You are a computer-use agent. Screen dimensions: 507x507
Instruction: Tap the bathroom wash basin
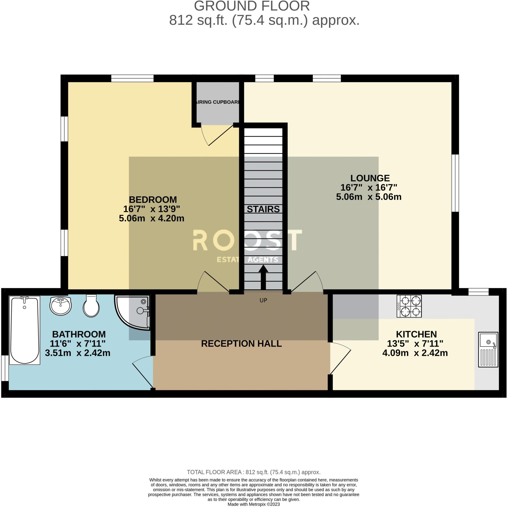tap(60, 306)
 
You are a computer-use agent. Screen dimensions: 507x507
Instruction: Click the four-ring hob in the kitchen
tap(409, 306)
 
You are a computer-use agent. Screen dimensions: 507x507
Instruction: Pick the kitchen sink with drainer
tap(488, 349)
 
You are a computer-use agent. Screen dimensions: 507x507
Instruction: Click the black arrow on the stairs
tap(263, 277)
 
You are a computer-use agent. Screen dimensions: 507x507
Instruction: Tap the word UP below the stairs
tap(263, 300)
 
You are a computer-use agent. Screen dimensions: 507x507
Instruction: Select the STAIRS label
tap(263, 209)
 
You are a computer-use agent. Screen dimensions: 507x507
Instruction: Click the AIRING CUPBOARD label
tap(217, 102)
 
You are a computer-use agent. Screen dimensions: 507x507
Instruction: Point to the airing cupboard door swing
tap(217, 135)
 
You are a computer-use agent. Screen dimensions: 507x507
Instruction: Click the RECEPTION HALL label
tap(241, 344)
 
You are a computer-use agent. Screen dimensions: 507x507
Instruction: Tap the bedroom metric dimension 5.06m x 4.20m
tap(152, 218)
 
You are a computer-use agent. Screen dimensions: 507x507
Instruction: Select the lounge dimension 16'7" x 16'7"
tap(369, 187)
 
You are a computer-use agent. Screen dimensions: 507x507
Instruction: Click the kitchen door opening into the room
tap(340, 358)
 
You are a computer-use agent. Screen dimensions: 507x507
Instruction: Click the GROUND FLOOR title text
tap(252, 6)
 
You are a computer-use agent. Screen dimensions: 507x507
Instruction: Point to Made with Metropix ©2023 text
tap(253, 504)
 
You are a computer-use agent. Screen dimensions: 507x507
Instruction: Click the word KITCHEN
tap(416, 334)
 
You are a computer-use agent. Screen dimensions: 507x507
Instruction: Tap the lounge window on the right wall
tap(456, 183)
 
